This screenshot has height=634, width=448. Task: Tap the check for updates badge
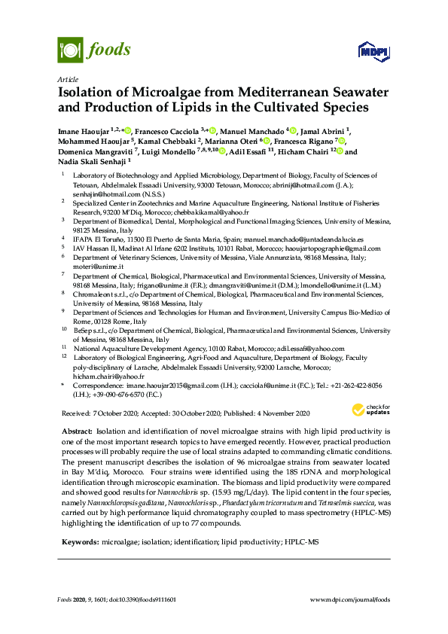point(369,410)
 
